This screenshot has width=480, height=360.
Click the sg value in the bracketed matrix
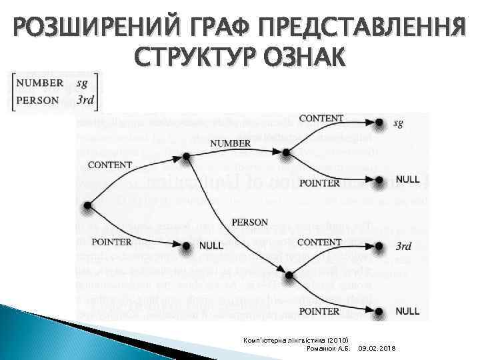coord(82,83)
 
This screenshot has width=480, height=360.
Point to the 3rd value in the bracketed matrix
coord(85,101)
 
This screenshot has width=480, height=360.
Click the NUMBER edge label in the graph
coord(230,143)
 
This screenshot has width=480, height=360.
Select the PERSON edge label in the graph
coord(249,222)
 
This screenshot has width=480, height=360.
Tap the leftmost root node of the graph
coord(86,206)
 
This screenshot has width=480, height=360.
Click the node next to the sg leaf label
coord(379,123)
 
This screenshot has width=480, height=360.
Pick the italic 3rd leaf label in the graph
coord(403,246)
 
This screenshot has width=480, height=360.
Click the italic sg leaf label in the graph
coord(398,123)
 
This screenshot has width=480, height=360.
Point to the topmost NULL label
coord(407,179)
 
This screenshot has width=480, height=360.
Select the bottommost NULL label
coord(407,311)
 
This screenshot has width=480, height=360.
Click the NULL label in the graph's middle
coord(211,245)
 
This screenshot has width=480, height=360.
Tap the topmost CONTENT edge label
coord(321,119)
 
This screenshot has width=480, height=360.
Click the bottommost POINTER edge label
coord(319,311)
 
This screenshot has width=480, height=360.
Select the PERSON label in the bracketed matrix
coord(39,101)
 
